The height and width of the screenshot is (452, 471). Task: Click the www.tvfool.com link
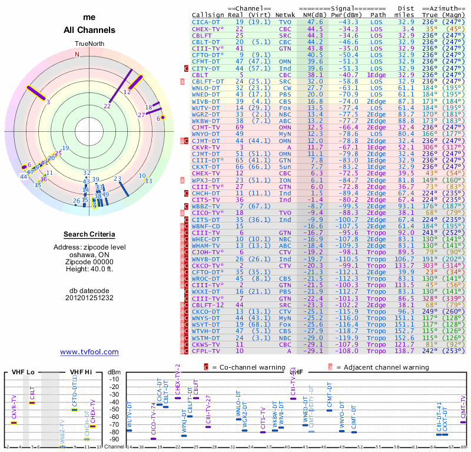pos(89,352)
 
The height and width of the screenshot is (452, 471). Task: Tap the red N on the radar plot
pos(77,55)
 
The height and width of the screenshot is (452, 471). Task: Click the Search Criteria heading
pos(89,234)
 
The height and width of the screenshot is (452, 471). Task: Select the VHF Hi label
pos(81,373)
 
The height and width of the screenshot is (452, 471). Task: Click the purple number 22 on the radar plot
pos(107,107)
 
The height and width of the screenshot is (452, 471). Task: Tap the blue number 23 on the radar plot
pos(117,179)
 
